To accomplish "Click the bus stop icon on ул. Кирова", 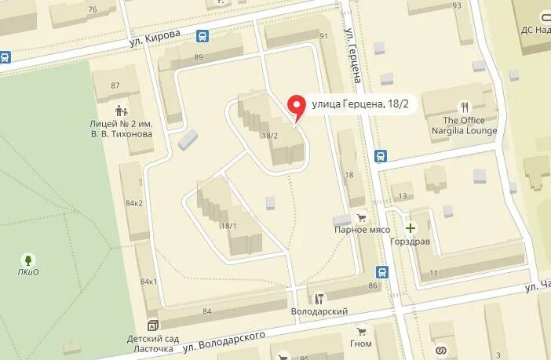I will tap(203, 35).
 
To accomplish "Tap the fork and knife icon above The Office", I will tap(464, 107).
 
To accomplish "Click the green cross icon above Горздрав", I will tap(410, 228).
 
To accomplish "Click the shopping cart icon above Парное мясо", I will tap(362, 218).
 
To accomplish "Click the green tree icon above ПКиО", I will tap(28, 259).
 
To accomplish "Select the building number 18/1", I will tap(228, 226).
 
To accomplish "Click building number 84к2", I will tap(134, 203).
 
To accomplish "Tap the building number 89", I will tap(198, 57).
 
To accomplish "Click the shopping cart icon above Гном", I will tap(362, 332).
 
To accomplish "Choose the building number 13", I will tap(403, 196).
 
